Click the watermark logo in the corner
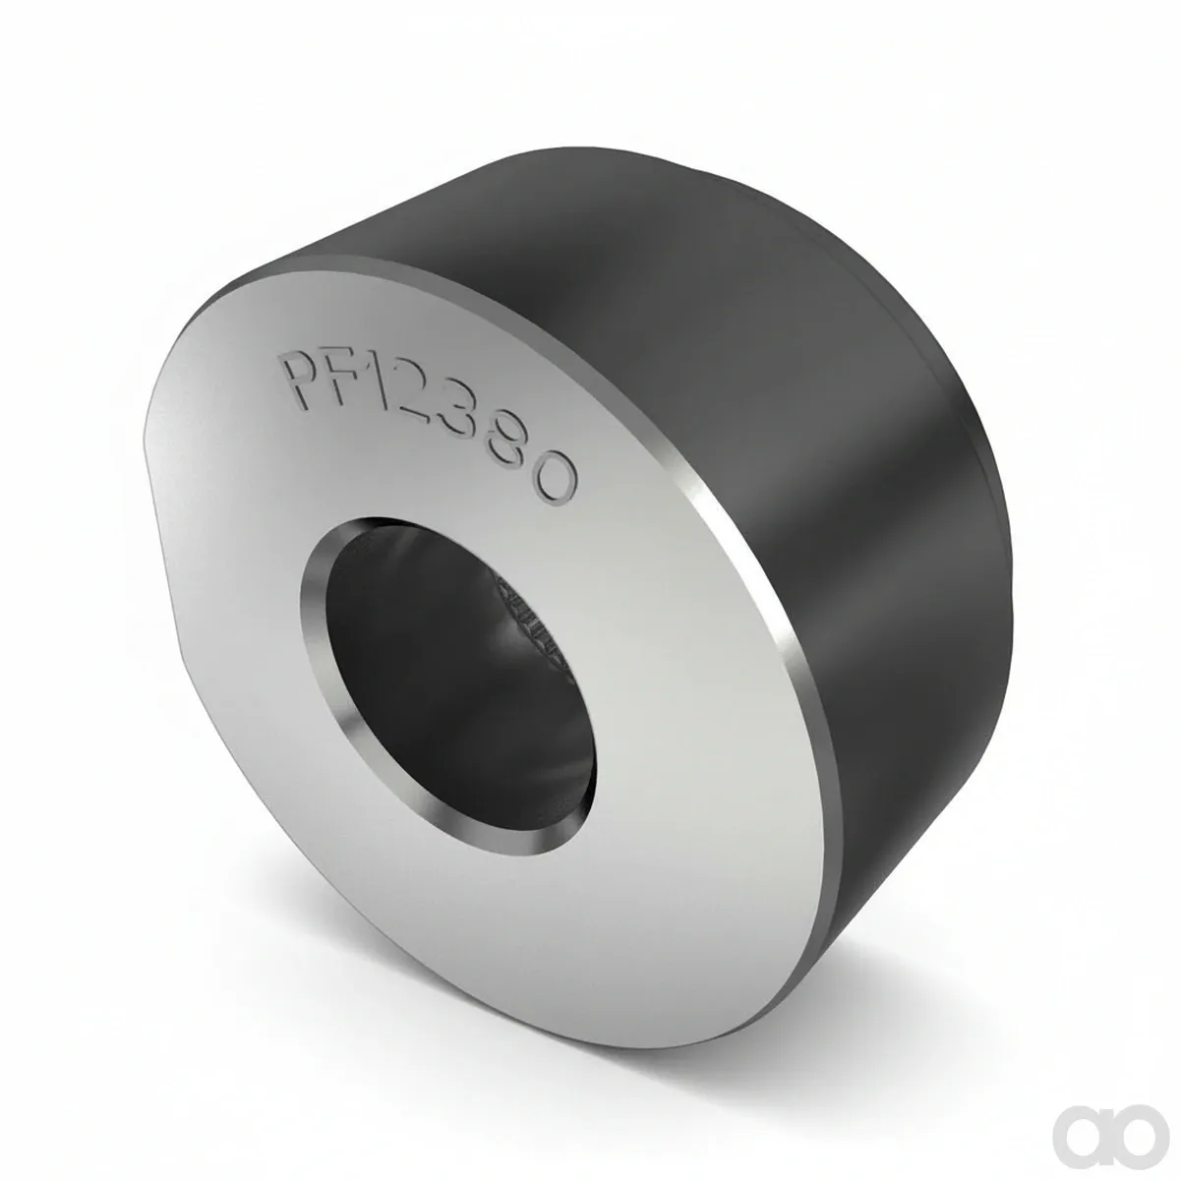(x=1117, y=1118)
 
